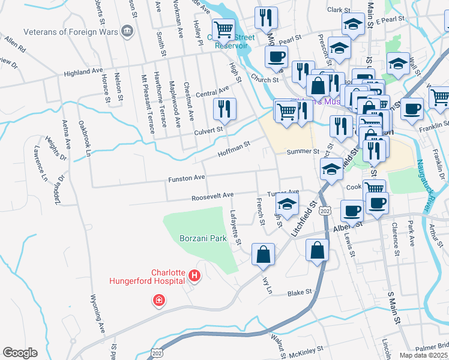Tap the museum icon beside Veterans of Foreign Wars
click(x=127, y=31)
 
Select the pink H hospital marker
click(x=194, y=276)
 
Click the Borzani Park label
click(x=203, y=238)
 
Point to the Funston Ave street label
click(x=187, y=178)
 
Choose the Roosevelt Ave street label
click(x=212, y=196)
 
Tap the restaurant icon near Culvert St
click(x=224, y=109)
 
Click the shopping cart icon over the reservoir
click(x=224, y=28)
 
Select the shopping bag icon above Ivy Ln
click(x=264, y=254)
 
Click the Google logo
click(x=20, y=353)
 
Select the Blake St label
click(x=300, y=293)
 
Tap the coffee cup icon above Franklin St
click(x=412, y=109)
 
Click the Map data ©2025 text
click(x=424, y=355)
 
